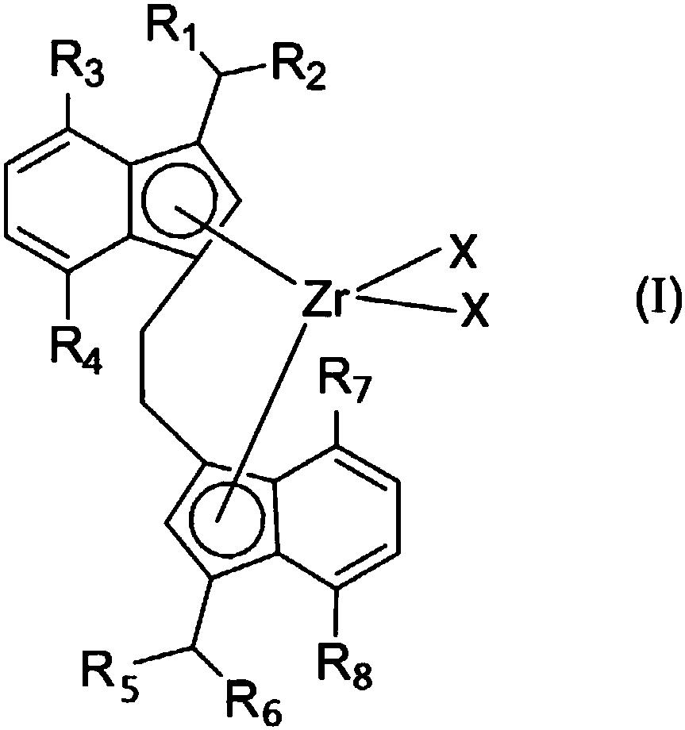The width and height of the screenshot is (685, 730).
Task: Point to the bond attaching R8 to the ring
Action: click(341, 616)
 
